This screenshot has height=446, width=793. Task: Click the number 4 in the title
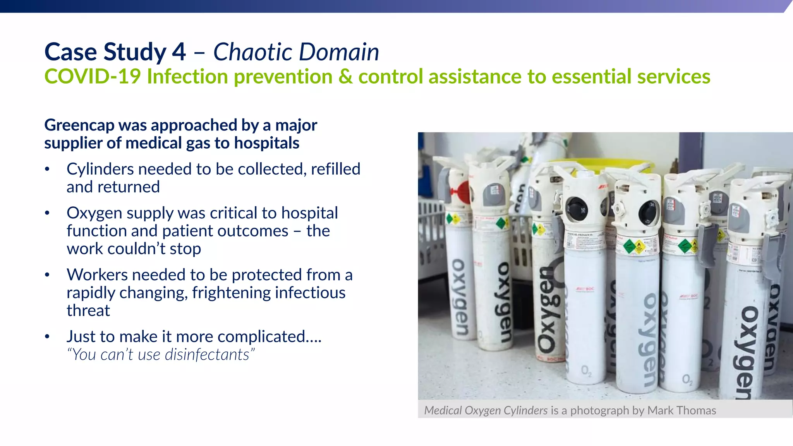pos(179,52)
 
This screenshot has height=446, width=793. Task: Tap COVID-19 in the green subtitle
pos(92,76)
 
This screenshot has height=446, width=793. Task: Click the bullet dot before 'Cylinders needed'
pos(47,169)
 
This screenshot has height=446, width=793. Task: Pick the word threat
pos(88,310)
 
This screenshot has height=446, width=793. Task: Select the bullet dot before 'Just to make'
pos(47,337)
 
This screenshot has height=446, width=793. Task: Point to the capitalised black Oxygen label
pos(546,310)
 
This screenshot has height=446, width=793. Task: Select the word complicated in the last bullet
pos(261,337)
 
